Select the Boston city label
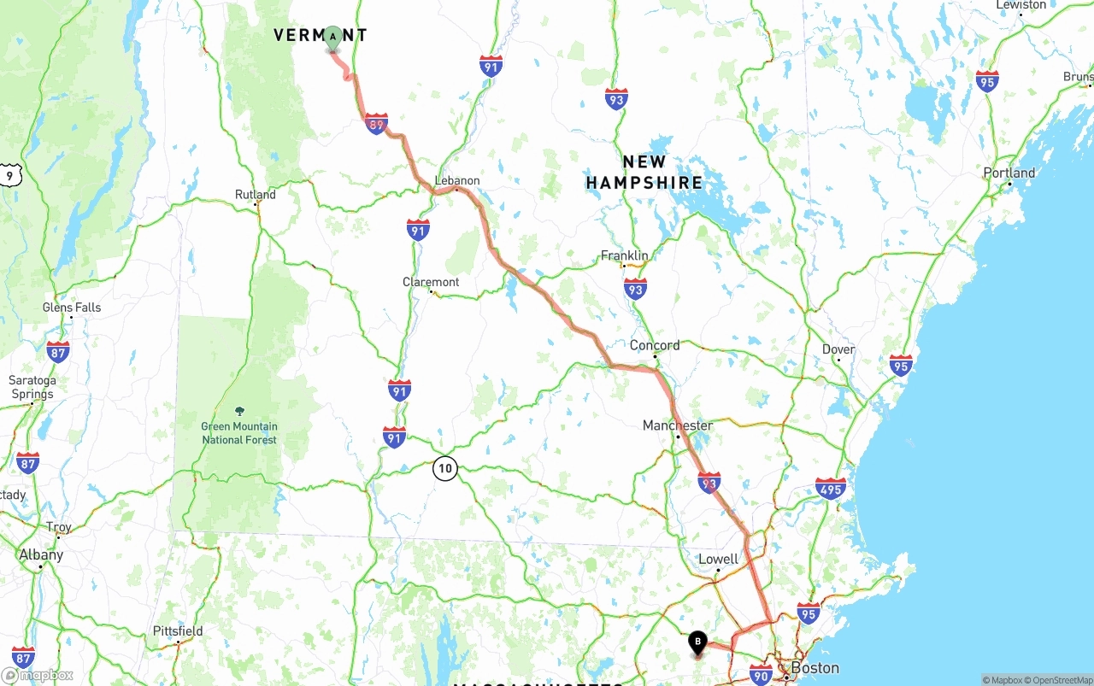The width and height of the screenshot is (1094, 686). [x=815, y=667]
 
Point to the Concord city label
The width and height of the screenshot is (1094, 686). [x=655, y=345]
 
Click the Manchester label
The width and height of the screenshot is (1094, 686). [x=678, y=425]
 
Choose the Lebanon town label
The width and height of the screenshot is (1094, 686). [x=457, y=180]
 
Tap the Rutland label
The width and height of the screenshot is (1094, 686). [x=256, y=195]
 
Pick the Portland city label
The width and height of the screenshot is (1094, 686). [x=1009, y=173]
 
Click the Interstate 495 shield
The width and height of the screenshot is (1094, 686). [x=830, y=489]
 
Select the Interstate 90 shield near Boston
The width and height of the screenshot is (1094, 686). [x=761, y=675]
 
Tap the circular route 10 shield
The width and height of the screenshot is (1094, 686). [x=444, y=468]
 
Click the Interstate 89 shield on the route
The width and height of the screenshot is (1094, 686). [x=376, y=124]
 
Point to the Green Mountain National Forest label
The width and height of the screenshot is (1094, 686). [x=239, y=433]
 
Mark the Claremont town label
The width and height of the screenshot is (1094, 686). [x=431, y=282]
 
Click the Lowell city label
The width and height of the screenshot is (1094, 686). [x=718, y=560]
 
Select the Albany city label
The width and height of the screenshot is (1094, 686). [x=41, y=554]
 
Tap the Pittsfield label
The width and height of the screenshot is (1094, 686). [x=178, y=631]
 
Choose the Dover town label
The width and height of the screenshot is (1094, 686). [x=838, y=349]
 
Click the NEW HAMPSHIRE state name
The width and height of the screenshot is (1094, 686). [x=644, y=172]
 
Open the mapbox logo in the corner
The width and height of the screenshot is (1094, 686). [x=38, y=675]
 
